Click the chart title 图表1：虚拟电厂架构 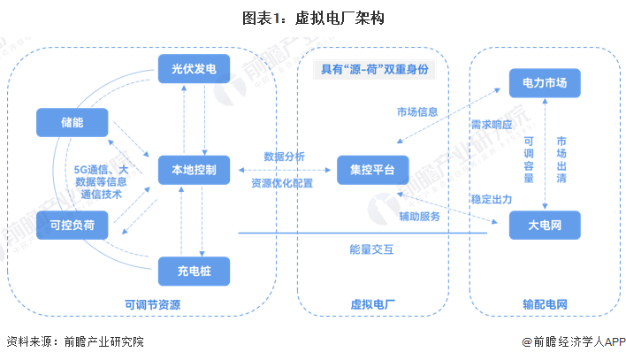coord(314,17)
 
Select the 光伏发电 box coord(194,68)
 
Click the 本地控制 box coord(194,167)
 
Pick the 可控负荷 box coord(73,226)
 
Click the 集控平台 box coord(372,168)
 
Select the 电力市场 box coord(545,82)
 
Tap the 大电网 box coord(545,226)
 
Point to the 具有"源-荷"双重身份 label coord(372,70)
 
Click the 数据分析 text coord(285,157)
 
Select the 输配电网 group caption coord(545,305)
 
